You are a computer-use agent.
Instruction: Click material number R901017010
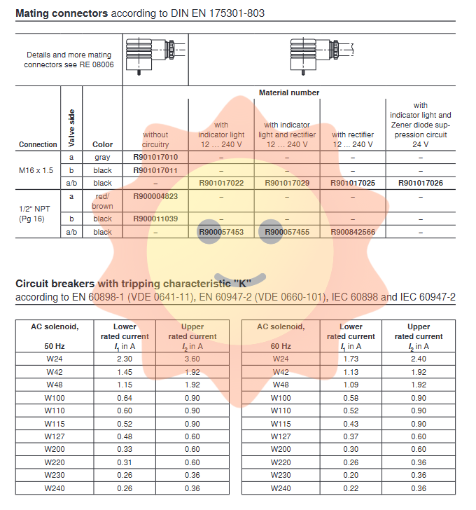click(x=155, y=158)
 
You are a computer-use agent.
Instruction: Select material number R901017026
click(x=421, y=183)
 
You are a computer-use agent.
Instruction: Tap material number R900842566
click(x=353, y=232)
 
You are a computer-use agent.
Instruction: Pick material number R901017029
click(x=287, y=183)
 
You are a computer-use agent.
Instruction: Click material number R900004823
click(x=155, y=196)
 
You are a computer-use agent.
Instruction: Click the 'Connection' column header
click(x=38, y=144)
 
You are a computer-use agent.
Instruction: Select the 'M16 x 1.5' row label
click(x=36, y=170)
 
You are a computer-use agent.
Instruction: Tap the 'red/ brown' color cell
click(x=102, y=201)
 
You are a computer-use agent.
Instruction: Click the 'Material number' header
click(x=289, y=92)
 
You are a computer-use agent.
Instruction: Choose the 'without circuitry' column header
click(x=155, y=139)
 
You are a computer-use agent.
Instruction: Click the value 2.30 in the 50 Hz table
click(x=125, y=358)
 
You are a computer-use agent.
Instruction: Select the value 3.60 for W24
click(x=192, y=358)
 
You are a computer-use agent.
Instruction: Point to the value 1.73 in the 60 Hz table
click(x=351, y=358)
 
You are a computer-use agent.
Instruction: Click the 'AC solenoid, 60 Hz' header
click(x=280, y=336)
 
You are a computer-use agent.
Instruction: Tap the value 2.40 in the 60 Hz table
click(x=419, y=358)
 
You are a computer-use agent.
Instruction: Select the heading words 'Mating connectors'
click(x=62, y=13)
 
